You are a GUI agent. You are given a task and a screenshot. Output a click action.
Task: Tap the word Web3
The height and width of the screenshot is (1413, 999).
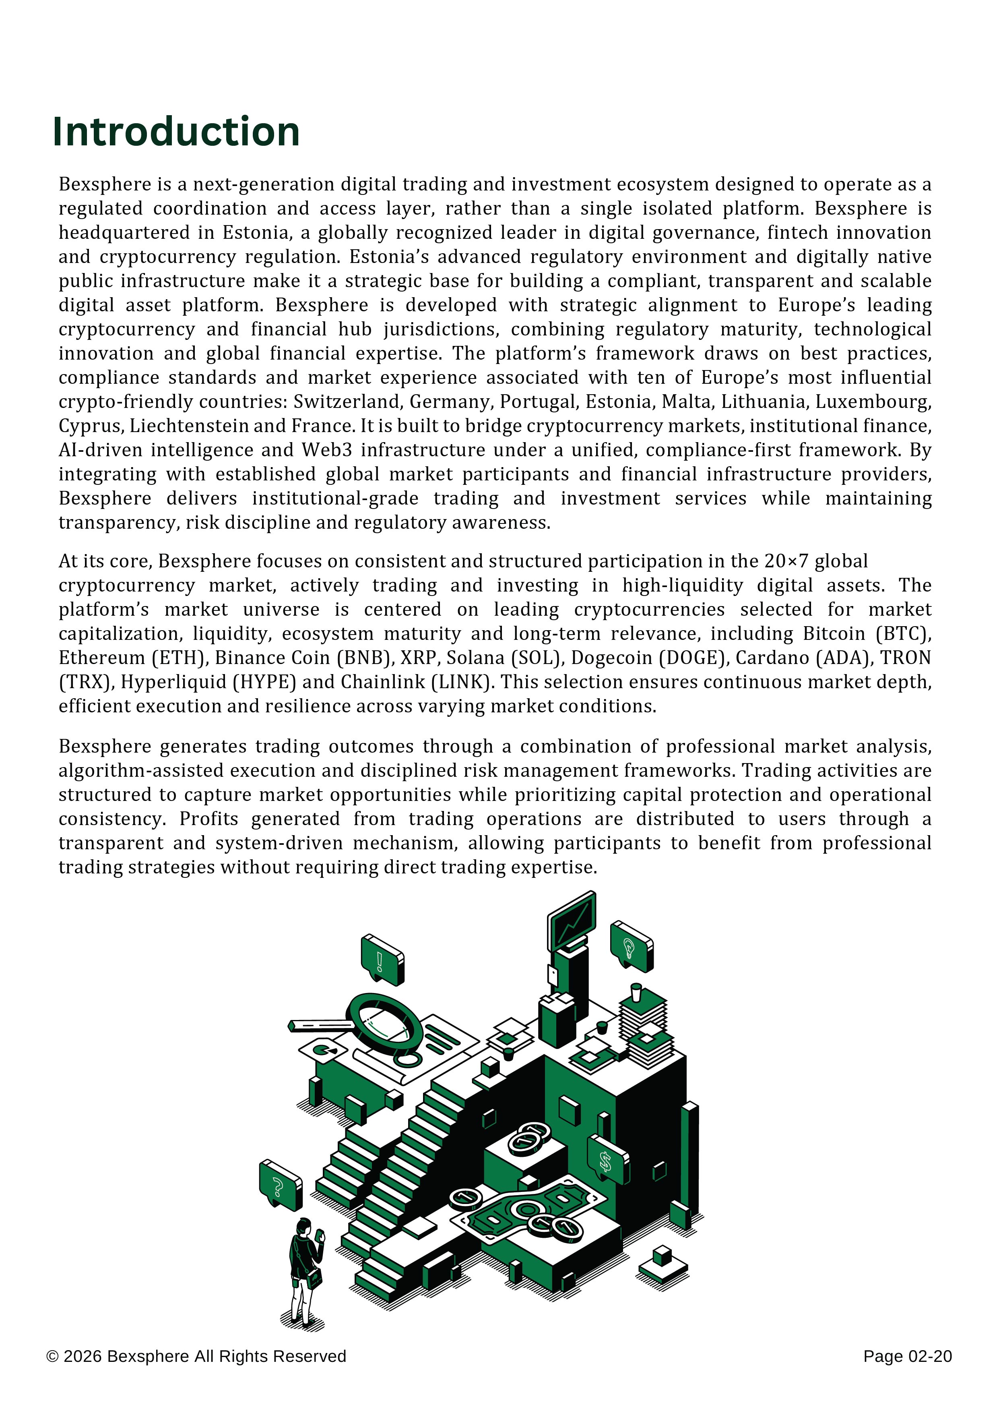[x=327, y=450]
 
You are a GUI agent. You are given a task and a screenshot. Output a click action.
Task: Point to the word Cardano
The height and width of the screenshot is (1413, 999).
[x=772, y=658]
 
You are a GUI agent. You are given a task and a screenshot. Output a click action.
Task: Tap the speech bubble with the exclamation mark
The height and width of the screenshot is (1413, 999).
[x=382, y=960]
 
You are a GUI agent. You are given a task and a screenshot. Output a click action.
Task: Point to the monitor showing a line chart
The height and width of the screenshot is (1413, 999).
[x=572, y=920]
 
